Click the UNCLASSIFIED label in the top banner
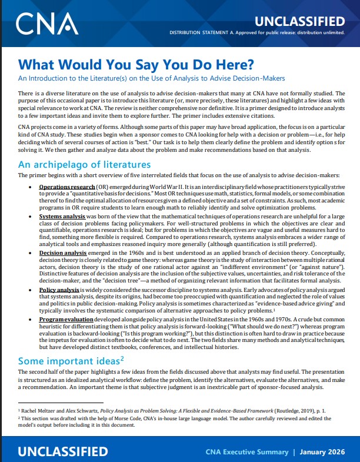(x=305, y=21)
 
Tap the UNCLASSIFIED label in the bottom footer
(x=63, y=451)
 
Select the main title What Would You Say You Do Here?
(x=137, y=63)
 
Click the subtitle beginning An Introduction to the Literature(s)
(x=152, y=78)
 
